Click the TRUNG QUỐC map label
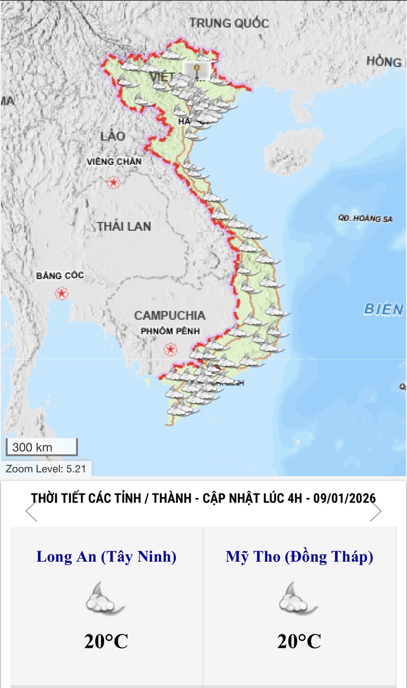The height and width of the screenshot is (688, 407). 229,23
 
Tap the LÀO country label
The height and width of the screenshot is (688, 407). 113,136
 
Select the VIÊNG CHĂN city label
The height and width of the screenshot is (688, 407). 114,162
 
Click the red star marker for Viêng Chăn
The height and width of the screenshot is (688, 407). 114,182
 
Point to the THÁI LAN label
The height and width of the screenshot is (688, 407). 124,226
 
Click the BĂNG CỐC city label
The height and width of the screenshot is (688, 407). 60,276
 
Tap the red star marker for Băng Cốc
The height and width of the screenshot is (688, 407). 61,293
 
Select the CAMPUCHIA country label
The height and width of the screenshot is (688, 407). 169,315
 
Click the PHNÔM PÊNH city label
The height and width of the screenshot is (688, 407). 169,331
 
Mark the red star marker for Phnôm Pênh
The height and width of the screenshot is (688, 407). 171,349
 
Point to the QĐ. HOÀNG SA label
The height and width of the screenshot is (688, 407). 365,218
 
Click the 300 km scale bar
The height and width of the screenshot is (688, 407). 41,447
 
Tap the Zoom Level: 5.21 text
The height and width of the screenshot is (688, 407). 46,469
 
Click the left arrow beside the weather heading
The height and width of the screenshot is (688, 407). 31,511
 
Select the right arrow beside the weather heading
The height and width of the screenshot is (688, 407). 376,511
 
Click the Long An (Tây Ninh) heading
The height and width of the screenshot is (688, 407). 106,557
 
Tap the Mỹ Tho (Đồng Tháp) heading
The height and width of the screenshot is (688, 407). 299,557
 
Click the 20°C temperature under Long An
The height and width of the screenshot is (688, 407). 106,641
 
